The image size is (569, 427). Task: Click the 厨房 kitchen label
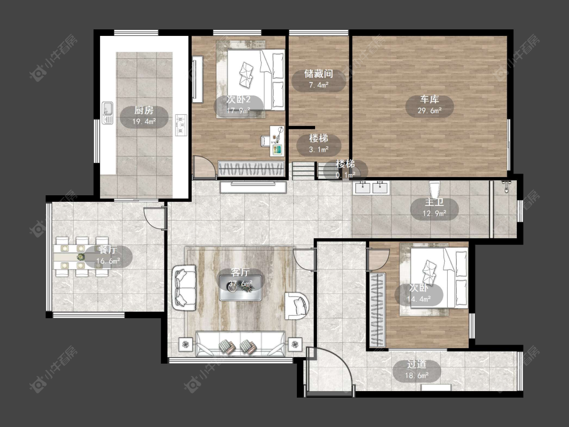144,110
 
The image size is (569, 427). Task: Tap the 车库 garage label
429,99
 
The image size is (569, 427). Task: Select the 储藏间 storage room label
319,74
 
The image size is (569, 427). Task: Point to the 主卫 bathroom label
434,202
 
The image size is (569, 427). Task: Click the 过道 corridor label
417,364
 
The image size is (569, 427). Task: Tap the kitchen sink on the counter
107,112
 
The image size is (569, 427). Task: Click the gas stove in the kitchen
181,125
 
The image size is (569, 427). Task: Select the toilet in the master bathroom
434,190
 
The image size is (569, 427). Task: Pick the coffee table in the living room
240,288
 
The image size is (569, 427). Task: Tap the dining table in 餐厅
82,257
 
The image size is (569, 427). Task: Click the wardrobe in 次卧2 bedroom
251,169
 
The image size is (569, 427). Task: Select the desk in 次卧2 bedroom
277,141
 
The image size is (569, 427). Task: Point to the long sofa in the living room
240,344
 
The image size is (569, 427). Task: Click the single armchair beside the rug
297,306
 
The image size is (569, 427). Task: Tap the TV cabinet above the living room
253,187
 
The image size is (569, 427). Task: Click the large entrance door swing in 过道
329,368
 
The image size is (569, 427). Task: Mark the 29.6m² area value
429,111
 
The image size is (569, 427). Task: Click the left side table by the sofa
186,344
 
